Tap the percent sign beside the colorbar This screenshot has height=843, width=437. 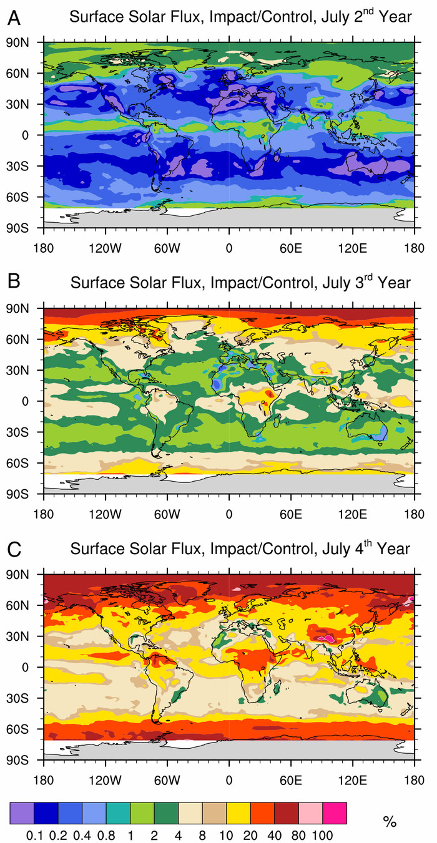[x=390, y=822]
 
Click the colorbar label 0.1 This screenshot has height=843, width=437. [x=34, y=834]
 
